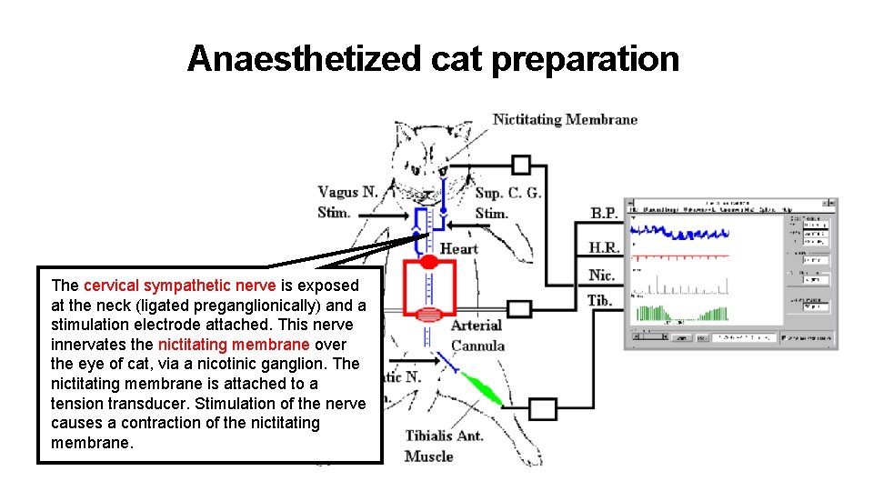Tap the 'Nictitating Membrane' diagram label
[x=565, y=119]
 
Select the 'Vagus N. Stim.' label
[x=347, y=202]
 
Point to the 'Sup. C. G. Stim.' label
[x=507, y=203]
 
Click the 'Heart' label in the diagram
[x=458, y=248]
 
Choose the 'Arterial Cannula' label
[x=477, y=335]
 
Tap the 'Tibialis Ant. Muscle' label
[x=444, y=446]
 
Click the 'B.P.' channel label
[x=604, y=214]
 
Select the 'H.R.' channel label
[x=603, y=247]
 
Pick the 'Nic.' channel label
[x=601, y=275]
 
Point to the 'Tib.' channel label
[x=599, y=300]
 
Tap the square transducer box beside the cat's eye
[x=520, y=165]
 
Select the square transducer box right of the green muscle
[x=543, y=409]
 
